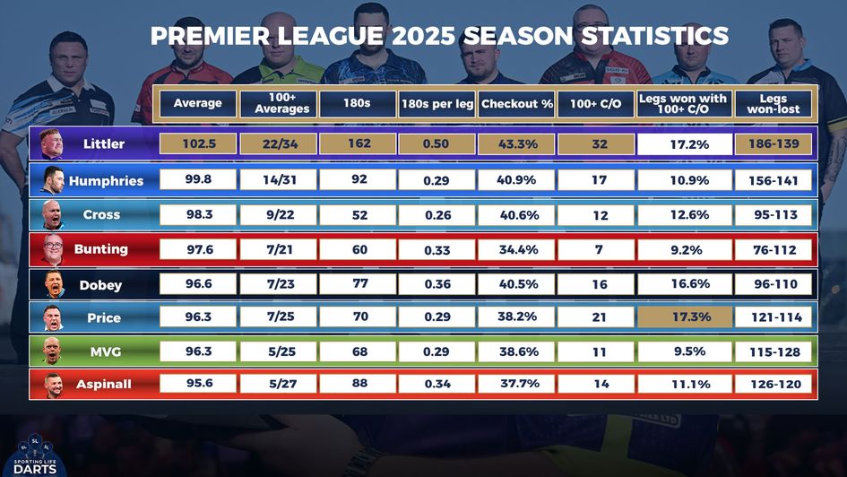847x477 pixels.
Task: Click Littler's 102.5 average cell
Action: (x=198, y=143)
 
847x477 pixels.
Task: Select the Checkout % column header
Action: (x=517, y=104)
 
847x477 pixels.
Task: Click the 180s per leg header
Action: (x=437, y=104)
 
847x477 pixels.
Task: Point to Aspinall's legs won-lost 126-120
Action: (x=774, y=385)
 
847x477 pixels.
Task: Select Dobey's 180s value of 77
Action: (x=359, y=284)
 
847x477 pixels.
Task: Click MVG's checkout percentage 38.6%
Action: (x=517, y=351)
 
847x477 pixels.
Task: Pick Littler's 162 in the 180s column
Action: (x=359, y=143)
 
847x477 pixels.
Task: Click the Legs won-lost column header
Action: (x=774, y=104)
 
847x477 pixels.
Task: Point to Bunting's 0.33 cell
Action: (x=437, y=250)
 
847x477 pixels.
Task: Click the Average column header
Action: (x=198, y=104)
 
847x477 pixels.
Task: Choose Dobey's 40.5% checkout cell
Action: (x=517, y=284)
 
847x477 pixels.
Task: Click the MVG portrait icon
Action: (x=52, y=351)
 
